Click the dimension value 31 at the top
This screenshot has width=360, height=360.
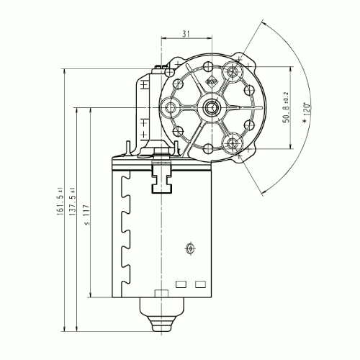click(186, 32)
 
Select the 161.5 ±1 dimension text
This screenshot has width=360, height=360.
click(58, 199)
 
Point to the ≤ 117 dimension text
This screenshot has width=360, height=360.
click(86, 216)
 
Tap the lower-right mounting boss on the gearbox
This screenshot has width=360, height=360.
click(233, 144)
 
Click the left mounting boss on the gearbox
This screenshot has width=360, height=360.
click(172, 109)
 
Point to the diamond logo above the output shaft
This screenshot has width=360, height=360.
click(212, 81)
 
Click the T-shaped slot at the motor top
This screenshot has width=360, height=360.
click(161, 181)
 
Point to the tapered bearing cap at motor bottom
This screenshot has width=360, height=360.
click(162, 312)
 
